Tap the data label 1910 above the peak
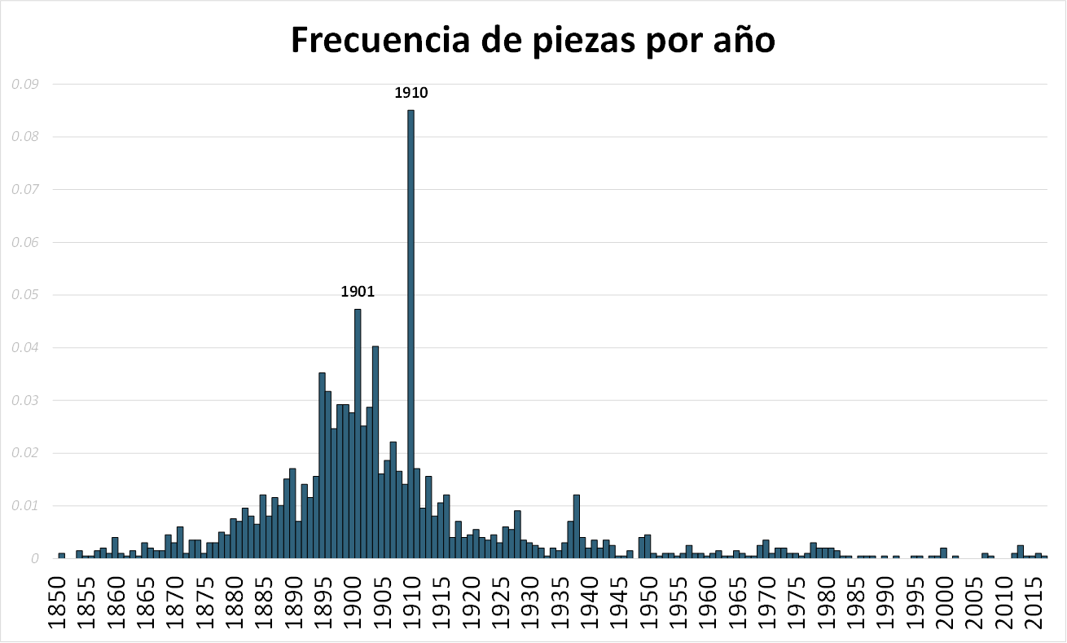(x=411, y=93)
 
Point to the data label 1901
(x=358, y=292)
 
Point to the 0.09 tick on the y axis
(x=28, y=83)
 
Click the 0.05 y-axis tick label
(x=28, y=294)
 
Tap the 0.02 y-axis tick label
(x=28, y=453)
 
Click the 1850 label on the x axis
(x=57, y=601)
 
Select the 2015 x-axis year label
(x=1035, y=601)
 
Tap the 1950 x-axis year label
(x=649, y=601)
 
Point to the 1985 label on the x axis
(x=857, y=601)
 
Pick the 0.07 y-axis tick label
(x=28, y=189)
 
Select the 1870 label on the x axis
(x=175, y=601)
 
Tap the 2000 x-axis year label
(x=946, y=601)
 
